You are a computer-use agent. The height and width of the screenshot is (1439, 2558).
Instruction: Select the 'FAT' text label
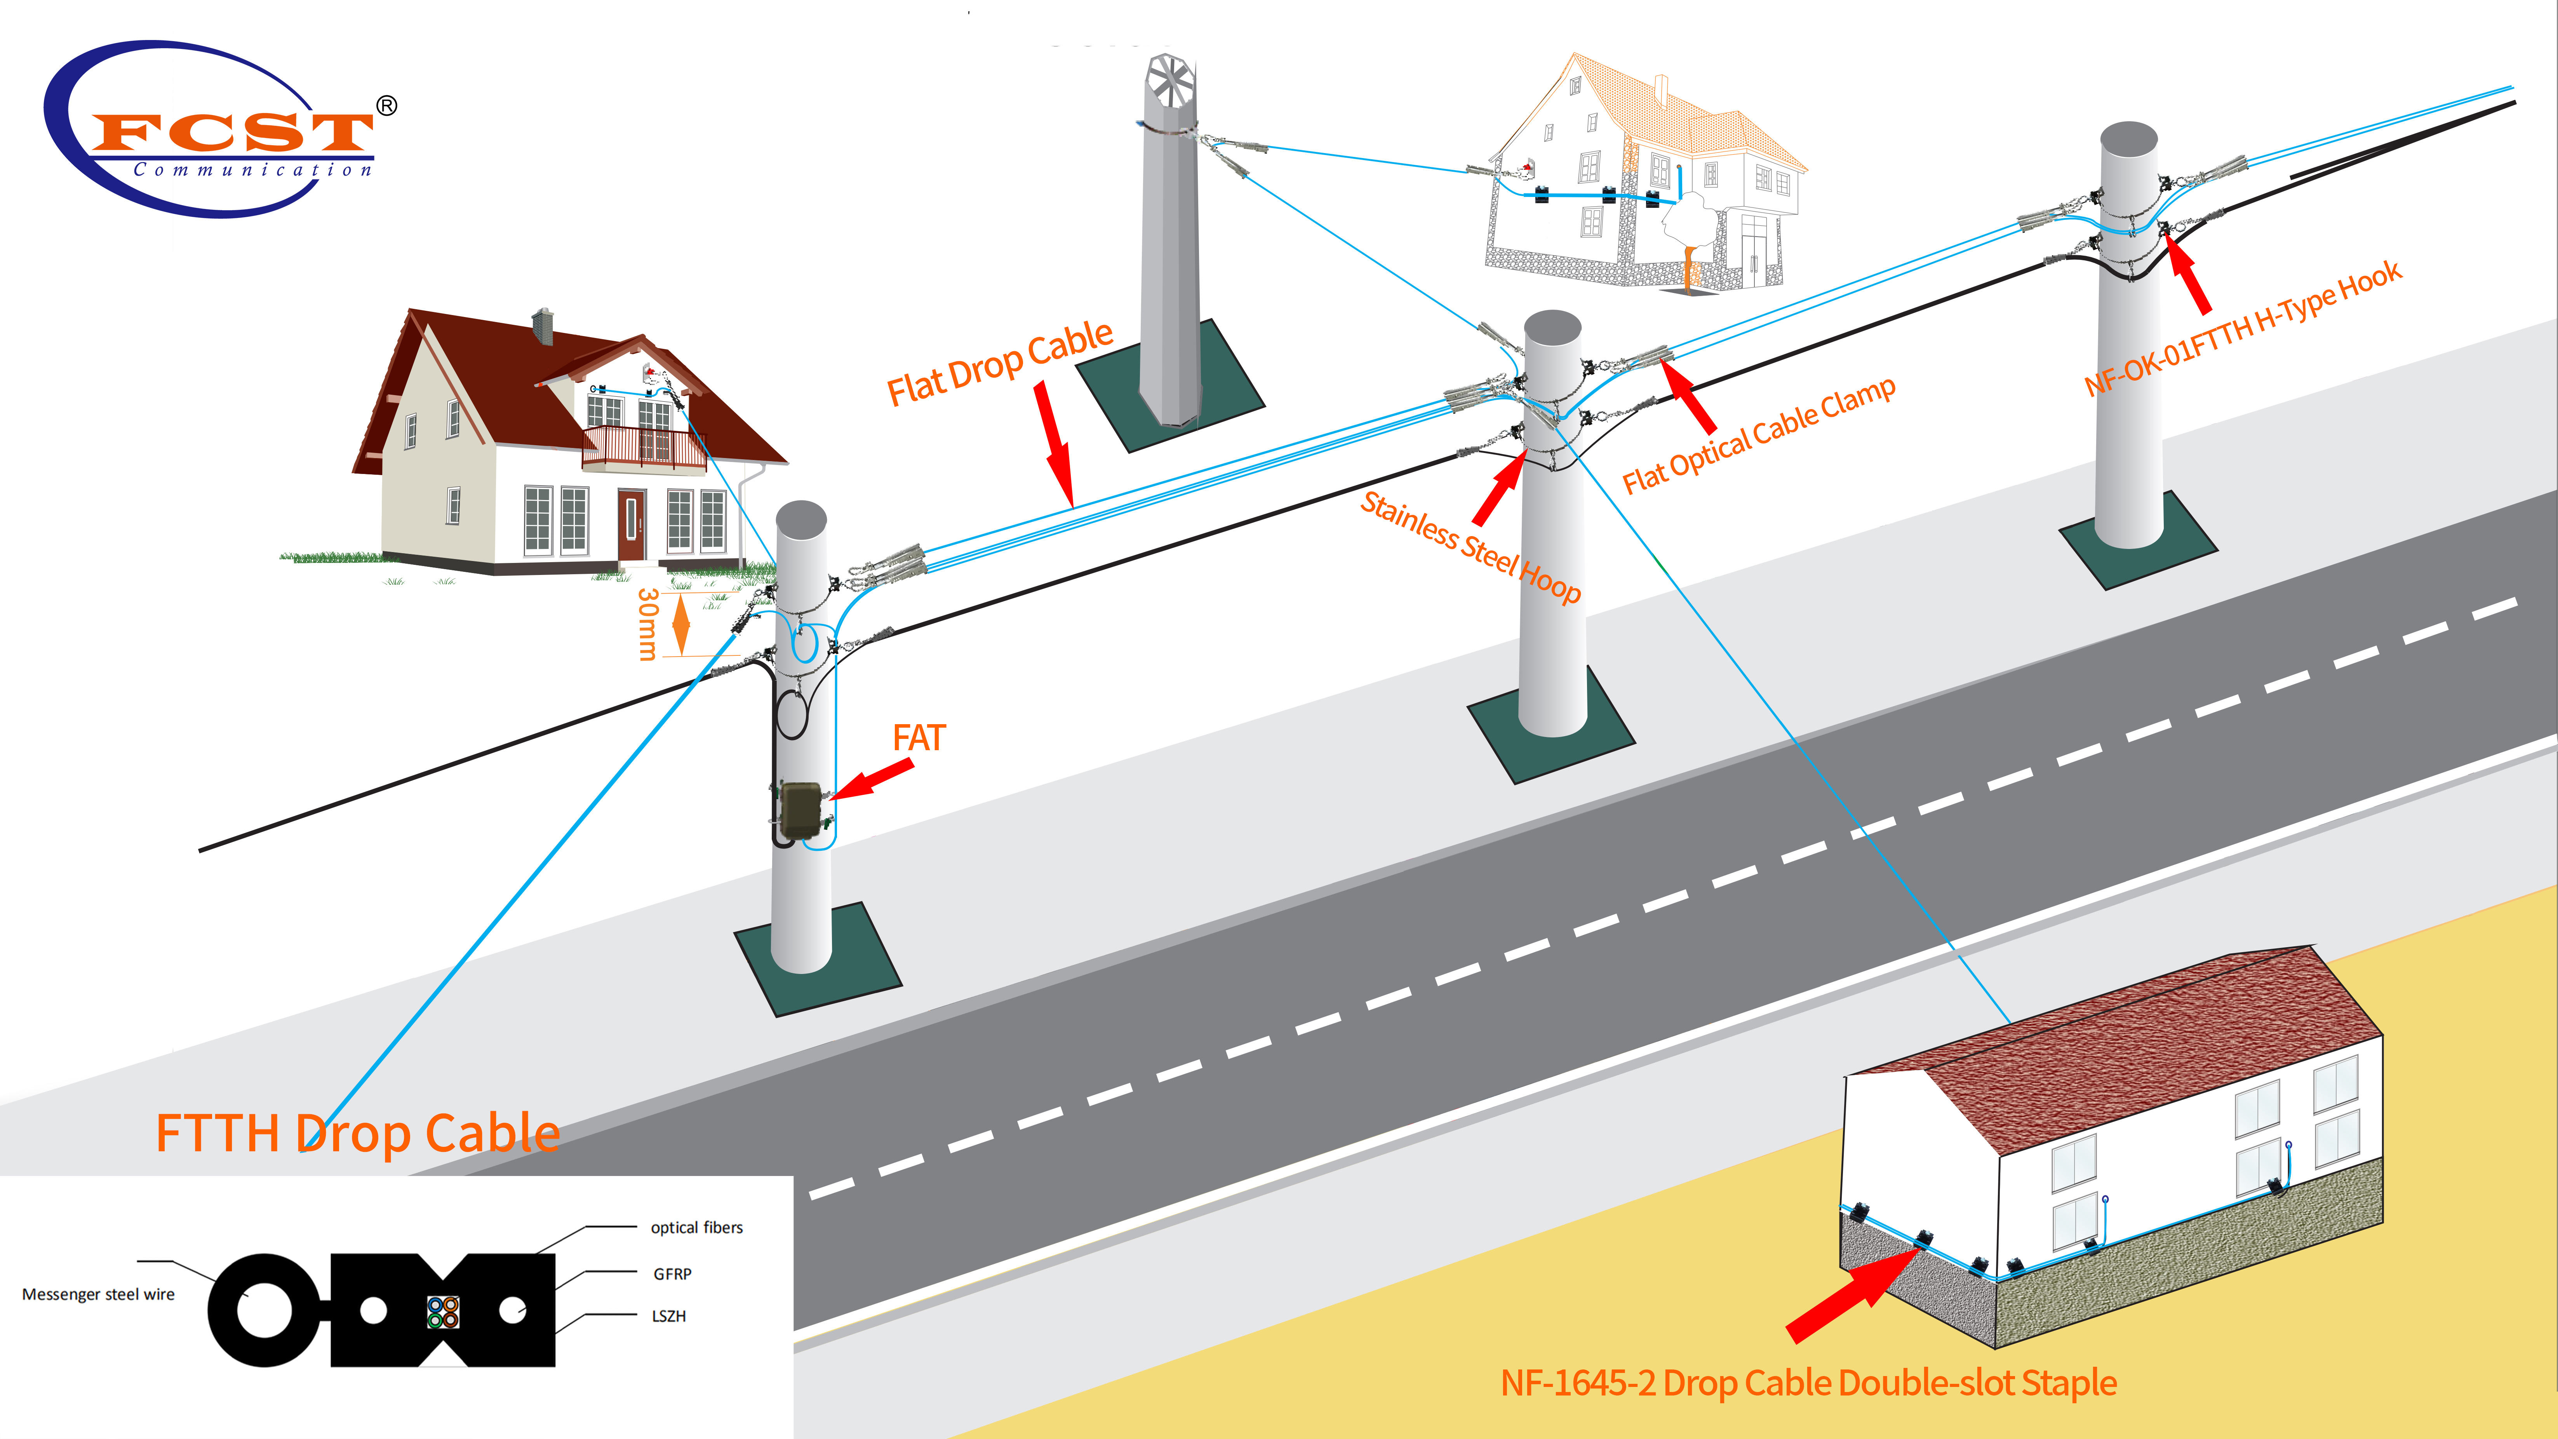[x=919, y=738]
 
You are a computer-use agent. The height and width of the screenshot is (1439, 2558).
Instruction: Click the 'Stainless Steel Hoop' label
[x=1470, y=546]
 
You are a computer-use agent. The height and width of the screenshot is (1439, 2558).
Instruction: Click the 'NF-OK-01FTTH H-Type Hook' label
[x=2242, y=328]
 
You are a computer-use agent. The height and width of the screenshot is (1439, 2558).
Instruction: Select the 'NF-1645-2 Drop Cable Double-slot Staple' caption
[x=1807, y=1382]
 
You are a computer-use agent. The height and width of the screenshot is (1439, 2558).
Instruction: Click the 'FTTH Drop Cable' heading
[x=357, y=1133]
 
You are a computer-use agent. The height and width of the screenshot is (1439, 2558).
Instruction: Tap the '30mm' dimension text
[x=647, y=624]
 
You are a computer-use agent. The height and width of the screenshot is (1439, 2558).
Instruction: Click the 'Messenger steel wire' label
[x=98, y=1294]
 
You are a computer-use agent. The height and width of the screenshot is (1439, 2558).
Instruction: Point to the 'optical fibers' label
[x=696, y=1228]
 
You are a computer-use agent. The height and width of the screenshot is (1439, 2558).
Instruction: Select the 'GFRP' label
[x=672, y=1273]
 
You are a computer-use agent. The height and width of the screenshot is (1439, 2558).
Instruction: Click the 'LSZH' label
[x=668, y=1316]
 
